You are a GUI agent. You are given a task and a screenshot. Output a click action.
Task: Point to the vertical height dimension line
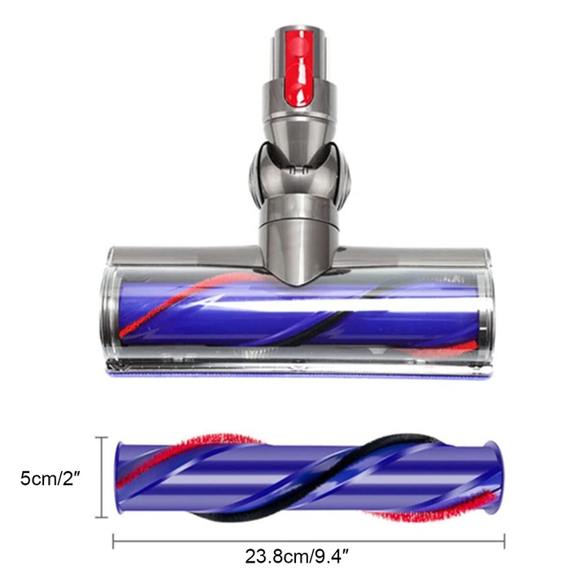(x=102, y=478)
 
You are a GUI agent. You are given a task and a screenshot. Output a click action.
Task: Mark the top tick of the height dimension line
(x=102, y=438)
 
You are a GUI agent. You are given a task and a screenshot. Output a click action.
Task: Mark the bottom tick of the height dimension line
(x=102, y=517)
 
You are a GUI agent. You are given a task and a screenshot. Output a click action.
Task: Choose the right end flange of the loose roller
(x=491, y=478)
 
